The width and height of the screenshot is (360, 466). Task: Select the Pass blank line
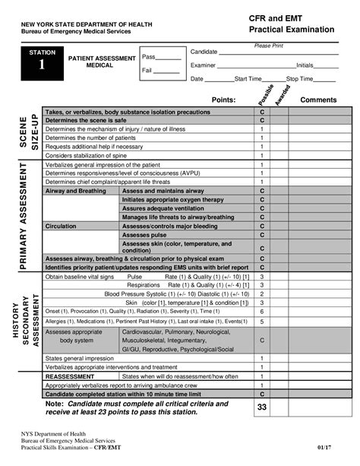[x=169, y=58]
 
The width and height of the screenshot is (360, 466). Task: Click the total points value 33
[x=262, y=408]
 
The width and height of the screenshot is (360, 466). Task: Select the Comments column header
[x=319, y=100]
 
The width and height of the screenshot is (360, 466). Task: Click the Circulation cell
[x=61, y=226]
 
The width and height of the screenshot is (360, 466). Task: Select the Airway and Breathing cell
[x=76, y=191]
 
